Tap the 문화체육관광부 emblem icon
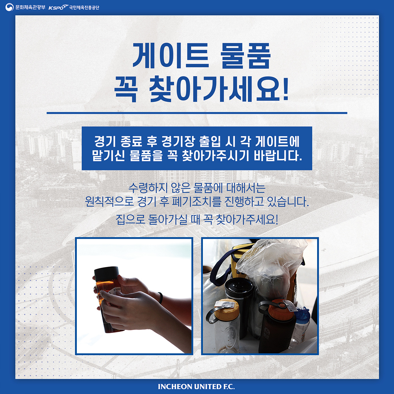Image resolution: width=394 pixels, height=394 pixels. (x=9, y=7)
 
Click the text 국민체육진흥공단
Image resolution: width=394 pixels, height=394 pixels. (x=84, y=8)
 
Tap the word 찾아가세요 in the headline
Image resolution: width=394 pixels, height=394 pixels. (x=214, y=91)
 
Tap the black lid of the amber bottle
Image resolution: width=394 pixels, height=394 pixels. (x=106, y=274)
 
